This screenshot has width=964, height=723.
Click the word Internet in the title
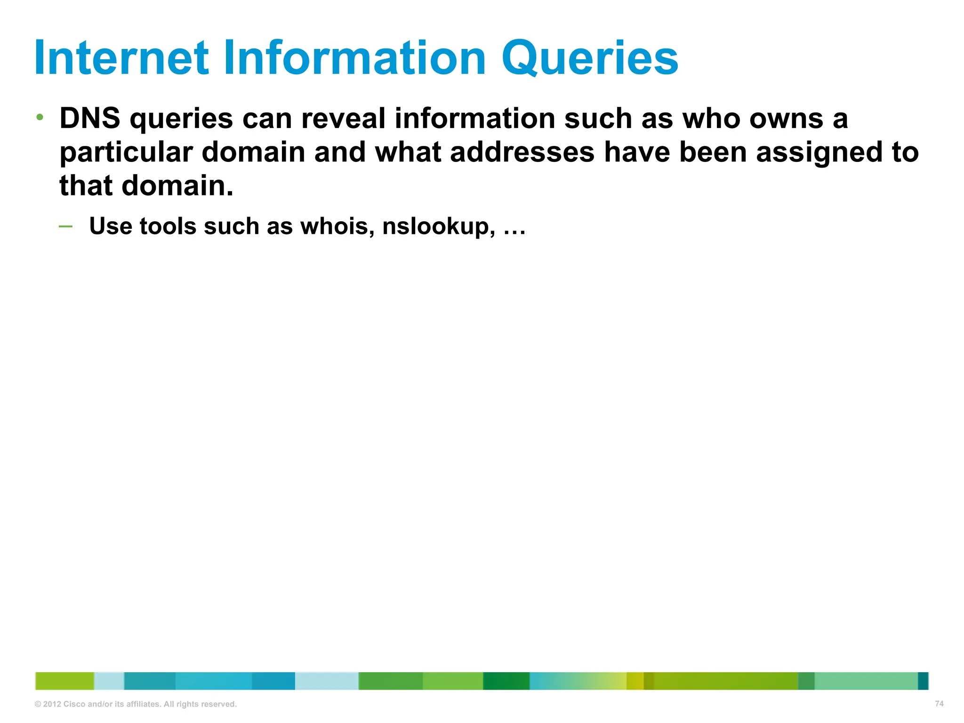click(121, 58)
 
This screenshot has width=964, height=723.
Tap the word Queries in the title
click(589, 58)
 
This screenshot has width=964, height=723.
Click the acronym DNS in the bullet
click(90, 118)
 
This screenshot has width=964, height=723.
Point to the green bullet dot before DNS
click(40, 117)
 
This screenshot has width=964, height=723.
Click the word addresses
click(522, 153)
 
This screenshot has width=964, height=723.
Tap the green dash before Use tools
click(66, 227)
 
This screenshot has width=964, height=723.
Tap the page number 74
click(939, 704)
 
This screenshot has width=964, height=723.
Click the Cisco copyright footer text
click(136, 704)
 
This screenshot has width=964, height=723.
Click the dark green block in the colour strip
click(506, 681)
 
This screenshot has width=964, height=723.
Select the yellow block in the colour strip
click(635, 681)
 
